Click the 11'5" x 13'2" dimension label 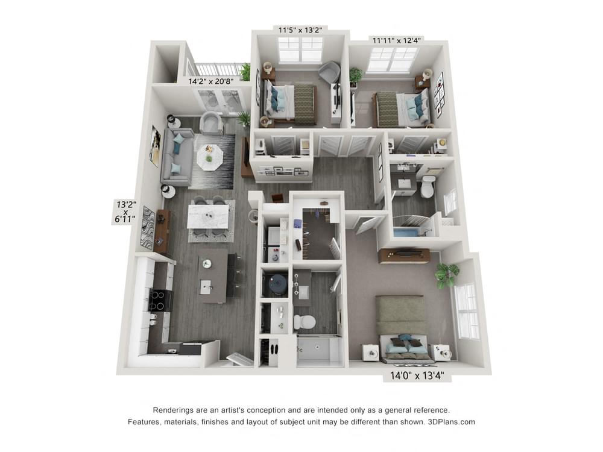[x=300, y=30]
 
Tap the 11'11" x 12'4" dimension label [x=396, y=40]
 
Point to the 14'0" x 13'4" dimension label [x=417, y=375]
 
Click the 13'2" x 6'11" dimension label [x=125, y=212]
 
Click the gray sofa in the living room [x=177, y=157]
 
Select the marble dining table [x=209, y=217]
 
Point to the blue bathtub [x=411, y=232]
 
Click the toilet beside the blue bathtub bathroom [x=428, y=186]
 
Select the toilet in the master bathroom [x=304, y=322]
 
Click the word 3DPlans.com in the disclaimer [x=451, y=422]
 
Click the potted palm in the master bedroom [x=446, y=275]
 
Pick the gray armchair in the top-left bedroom [x=330, y=72]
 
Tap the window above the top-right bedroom [x=392, y=60]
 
